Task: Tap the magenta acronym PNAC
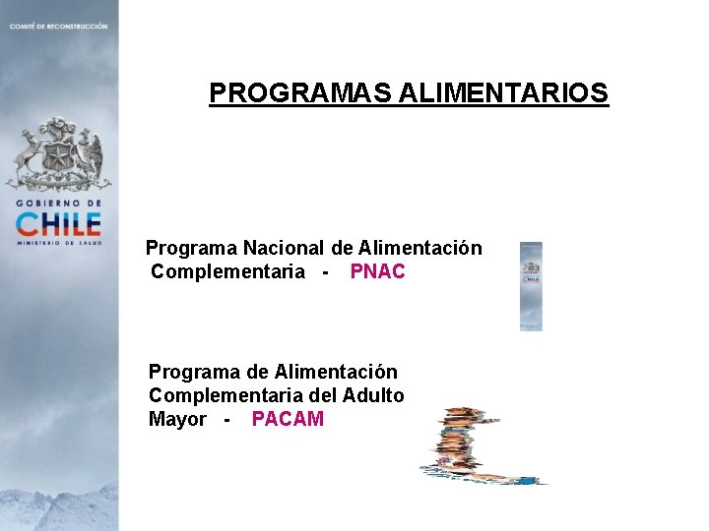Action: click(x=377, y=271)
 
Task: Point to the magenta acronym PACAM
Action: click(x=288, y=419)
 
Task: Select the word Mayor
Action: click(x=177, y=419)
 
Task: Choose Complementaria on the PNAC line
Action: click(x=227, y=271)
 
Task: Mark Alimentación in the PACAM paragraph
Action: click(x=336, y=372)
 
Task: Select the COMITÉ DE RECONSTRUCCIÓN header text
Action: click(x=58, y=26)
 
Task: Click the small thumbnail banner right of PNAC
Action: click(x=531, y=286)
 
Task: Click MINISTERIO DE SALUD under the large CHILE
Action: click(x=59, y=241)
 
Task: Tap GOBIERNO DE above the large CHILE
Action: click(x=58, y=202)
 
